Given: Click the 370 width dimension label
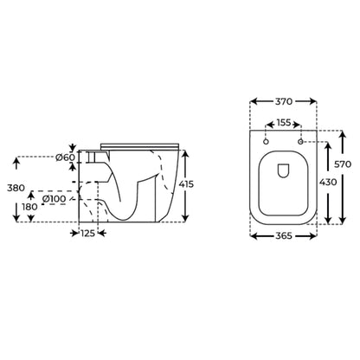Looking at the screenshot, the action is click(284, 101).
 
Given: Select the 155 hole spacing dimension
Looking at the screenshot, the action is click(284, 123).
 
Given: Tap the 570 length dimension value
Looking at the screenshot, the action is click(343, 164).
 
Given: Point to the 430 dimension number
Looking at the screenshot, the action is click(328, 182).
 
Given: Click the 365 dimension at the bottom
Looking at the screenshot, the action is click(284, 235).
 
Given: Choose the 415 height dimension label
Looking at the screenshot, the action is click(186, 183).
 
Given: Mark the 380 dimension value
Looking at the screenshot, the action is click(16, 188).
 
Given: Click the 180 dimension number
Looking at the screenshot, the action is click(29, 207).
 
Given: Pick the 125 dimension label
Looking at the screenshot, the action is click(87, 233).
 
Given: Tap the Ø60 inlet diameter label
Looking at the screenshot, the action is click(65, 157).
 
